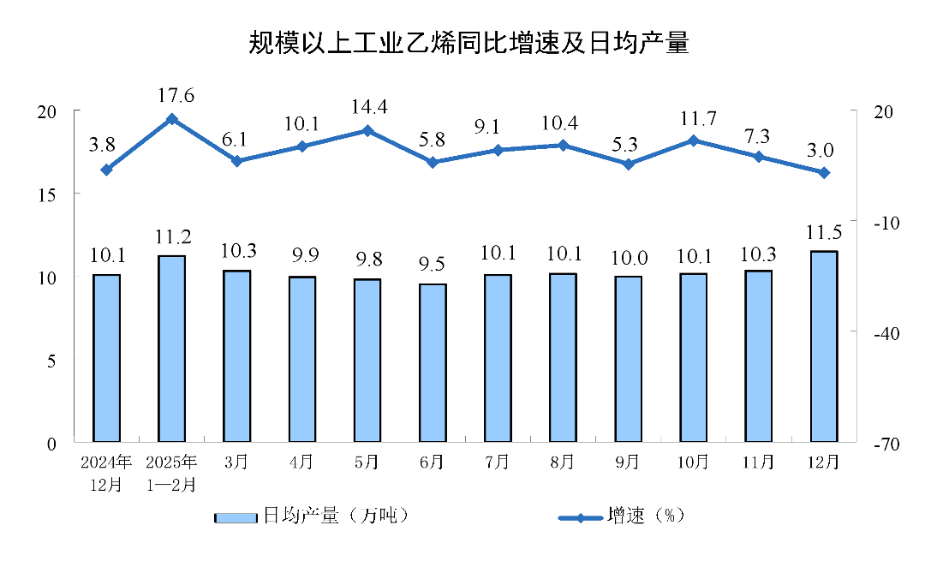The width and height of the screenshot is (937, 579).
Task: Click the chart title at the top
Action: [x=468, y=43]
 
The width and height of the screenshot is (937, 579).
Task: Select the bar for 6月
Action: [x=433, y=363]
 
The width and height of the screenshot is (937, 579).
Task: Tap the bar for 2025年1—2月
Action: [x=172, y=349]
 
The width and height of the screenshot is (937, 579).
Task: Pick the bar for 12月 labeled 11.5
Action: [x=823, y=347]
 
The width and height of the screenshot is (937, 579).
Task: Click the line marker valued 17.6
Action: [x=172, y=119]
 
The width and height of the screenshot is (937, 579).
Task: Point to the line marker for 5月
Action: [x=367, y=131]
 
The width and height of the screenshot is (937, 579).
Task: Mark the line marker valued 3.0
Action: [x=823, y=173]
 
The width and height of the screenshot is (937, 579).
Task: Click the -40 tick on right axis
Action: [x=886, y=333]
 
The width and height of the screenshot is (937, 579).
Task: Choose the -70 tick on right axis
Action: [x=886, y=444]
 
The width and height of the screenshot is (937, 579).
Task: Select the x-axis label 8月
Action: [x=563, y=463]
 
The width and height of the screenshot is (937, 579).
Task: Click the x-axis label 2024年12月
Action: [x=107, y=473]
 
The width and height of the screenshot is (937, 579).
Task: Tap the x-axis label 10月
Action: [x=693, y=463]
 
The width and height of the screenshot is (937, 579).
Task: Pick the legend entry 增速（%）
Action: [x=624, y=516]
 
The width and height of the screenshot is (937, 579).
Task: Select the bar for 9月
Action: [x=628, y=360]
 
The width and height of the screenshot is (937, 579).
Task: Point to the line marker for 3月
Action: [x=237, y=161]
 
